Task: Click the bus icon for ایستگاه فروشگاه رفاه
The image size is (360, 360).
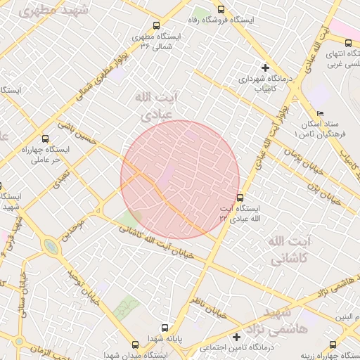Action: [221, 10]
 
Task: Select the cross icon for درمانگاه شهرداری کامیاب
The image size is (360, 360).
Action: [265, 67]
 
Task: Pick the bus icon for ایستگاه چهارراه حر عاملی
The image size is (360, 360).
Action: [46, 139]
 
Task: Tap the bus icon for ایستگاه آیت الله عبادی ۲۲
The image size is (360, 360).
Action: [240, 198]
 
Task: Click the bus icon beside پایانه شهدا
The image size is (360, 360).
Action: [165, 328]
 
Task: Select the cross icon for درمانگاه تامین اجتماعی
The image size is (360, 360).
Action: [238, 337]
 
